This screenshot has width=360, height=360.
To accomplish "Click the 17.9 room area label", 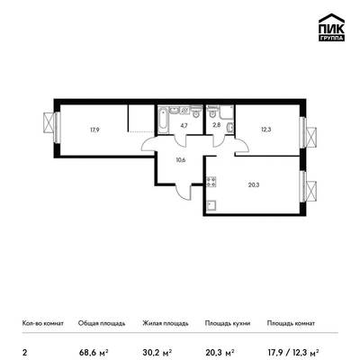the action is (94, 130).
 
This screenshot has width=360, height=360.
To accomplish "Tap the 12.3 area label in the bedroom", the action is (264, 130).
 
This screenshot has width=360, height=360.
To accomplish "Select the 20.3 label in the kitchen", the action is (254, 185).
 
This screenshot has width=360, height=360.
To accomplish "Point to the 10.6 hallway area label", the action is (181, 160).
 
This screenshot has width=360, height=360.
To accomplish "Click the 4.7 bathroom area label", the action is (184, 126).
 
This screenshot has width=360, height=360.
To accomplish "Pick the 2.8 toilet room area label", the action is (217, 125).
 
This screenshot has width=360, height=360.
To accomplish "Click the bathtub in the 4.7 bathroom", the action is (163, 121).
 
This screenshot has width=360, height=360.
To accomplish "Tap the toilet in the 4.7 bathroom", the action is (196, 112).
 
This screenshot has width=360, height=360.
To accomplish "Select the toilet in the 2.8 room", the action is (211, 112).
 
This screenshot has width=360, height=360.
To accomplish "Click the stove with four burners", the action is (211, 182).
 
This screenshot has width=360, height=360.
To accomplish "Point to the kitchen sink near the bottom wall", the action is (211, 206).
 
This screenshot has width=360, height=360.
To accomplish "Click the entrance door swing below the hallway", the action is (184, 191).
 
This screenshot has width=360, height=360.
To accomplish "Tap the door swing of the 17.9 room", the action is (148, 143).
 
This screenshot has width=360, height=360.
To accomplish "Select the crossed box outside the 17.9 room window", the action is (49, 122).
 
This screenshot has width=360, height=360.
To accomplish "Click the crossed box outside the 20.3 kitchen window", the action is (311, 191).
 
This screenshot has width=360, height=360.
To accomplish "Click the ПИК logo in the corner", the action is (331, 27).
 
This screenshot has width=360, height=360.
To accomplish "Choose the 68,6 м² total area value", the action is (94, 352).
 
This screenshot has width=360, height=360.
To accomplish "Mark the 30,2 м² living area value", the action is (157, 352).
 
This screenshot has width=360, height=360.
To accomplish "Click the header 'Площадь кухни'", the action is (228, 324).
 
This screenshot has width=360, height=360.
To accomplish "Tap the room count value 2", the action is (24, 352).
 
